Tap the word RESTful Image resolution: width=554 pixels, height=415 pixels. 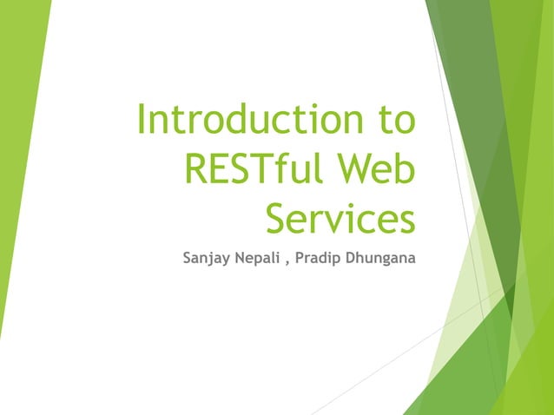click(x=249, y=168)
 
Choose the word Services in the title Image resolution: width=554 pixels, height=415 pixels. click(x=340, y=218)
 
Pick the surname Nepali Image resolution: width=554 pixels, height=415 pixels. click(x=254, y=259)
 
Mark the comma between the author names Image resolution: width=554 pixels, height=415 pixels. click(x=287, y=261)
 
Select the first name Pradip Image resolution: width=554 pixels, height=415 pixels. click(x=317, y=259)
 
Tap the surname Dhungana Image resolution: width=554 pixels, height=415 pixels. click(x=379, y=259)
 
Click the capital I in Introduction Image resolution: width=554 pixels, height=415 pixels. click(x=142, y=120)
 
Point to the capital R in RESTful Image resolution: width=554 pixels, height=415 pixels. click(x=195, y=168)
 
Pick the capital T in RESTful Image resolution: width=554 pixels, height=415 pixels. click(x=262, y=168)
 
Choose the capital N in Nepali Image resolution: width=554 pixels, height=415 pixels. click(x=235, y=259)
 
